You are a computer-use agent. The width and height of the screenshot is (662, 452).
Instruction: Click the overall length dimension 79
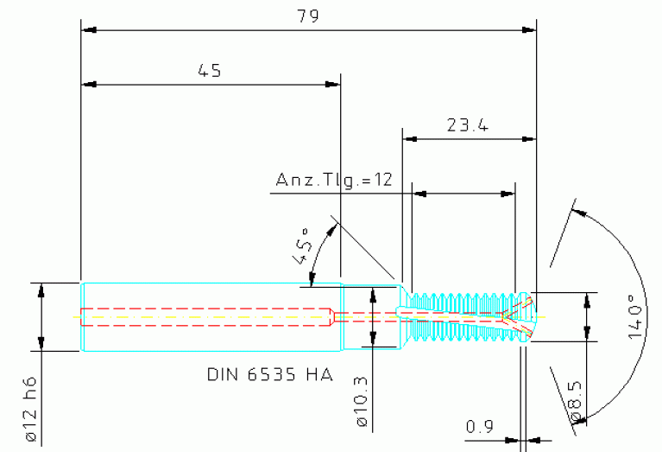pyautogui.click(x=307, y=16)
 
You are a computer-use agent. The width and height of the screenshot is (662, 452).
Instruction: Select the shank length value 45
pyautogui.click(x=210, y=72)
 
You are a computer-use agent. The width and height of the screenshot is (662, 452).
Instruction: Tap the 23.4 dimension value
pyautogui.click(x=468, y=125)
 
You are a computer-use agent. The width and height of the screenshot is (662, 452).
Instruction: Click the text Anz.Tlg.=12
pyautogui.click(x=334, y=180)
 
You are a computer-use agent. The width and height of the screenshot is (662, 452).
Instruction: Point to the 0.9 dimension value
pyautogui.click(x=479, y=426)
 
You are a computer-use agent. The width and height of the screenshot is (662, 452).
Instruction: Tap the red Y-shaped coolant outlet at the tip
pyautogui.click(x=518, y=315)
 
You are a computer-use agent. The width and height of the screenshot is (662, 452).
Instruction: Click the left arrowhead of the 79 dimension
pyautogui.click(x=87, y=30)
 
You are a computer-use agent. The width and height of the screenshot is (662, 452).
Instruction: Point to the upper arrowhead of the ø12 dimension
pyautogui.click(x=41, y=289)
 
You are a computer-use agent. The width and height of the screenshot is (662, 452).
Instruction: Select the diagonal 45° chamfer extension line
pyautogui.click(x=367, y=246)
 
